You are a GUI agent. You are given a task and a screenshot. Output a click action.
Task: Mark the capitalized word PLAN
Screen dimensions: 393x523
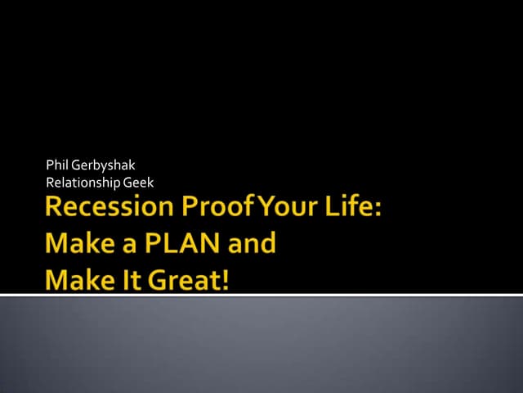[179, 243]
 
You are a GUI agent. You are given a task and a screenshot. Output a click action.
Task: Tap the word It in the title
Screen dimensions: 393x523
[131, 279]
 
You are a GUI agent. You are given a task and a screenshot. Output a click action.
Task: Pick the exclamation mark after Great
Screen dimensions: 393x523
[226, 279]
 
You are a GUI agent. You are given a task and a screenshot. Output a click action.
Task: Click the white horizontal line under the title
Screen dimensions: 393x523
[261, 294]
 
